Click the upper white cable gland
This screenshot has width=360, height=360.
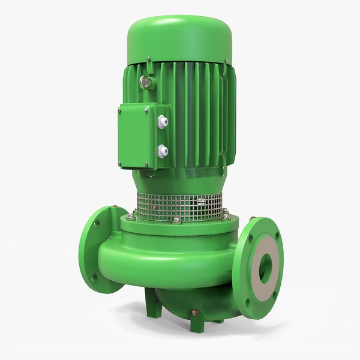[x=161, y=121]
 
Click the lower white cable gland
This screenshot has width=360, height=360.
[x=161, y=151]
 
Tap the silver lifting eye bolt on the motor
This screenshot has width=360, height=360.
[x=145, y=83]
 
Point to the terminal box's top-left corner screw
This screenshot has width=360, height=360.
[x=122, y=109]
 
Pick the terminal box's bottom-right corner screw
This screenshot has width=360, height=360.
[x=152, y=163]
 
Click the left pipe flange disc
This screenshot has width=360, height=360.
[x=100, y=249]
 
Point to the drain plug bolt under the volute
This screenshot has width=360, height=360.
[x=193, y=313]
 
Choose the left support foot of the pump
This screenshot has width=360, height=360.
[x=152, y=308]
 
